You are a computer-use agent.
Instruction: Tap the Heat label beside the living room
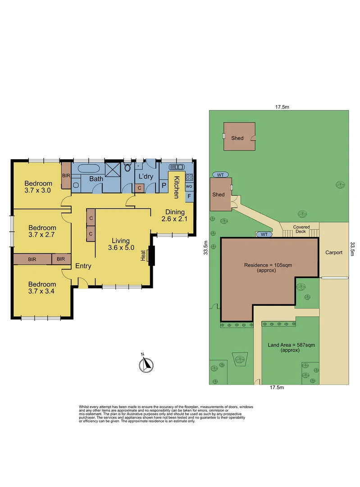pyautogui.click(x=143, y=255)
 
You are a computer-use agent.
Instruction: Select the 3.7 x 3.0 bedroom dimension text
pyautogui.click(x=38, y=190)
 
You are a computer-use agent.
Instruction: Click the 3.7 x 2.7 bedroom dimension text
pyautogui.click(x=41, y=234)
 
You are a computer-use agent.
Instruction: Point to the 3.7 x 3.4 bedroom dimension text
pyautogui.click(x=42, y=291)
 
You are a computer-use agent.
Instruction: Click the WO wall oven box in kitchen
pyautogui.click(x=189, y=186)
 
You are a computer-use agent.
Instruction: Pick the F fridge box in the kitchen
pyautogui.click(x=189, y=196)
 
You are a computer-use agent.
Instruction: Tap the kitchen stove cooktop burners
pyautogui.click(x=189, y=177)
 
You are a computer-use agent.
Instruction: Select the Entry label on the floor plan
pyautogui.click(x=83, y=266)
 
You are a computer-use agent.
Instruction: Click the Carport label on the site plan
pyautogui.click(x=334, y=253)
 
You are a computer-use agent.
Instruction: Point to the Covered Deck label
pyautogui.click(x=301, y=229)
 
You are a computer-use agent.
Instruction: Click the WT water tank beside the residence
pyautogui.click(x=264, y=234)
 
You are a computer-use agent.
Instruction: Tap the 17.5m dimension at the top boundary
pyautogui.click(x=282, y=107)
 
